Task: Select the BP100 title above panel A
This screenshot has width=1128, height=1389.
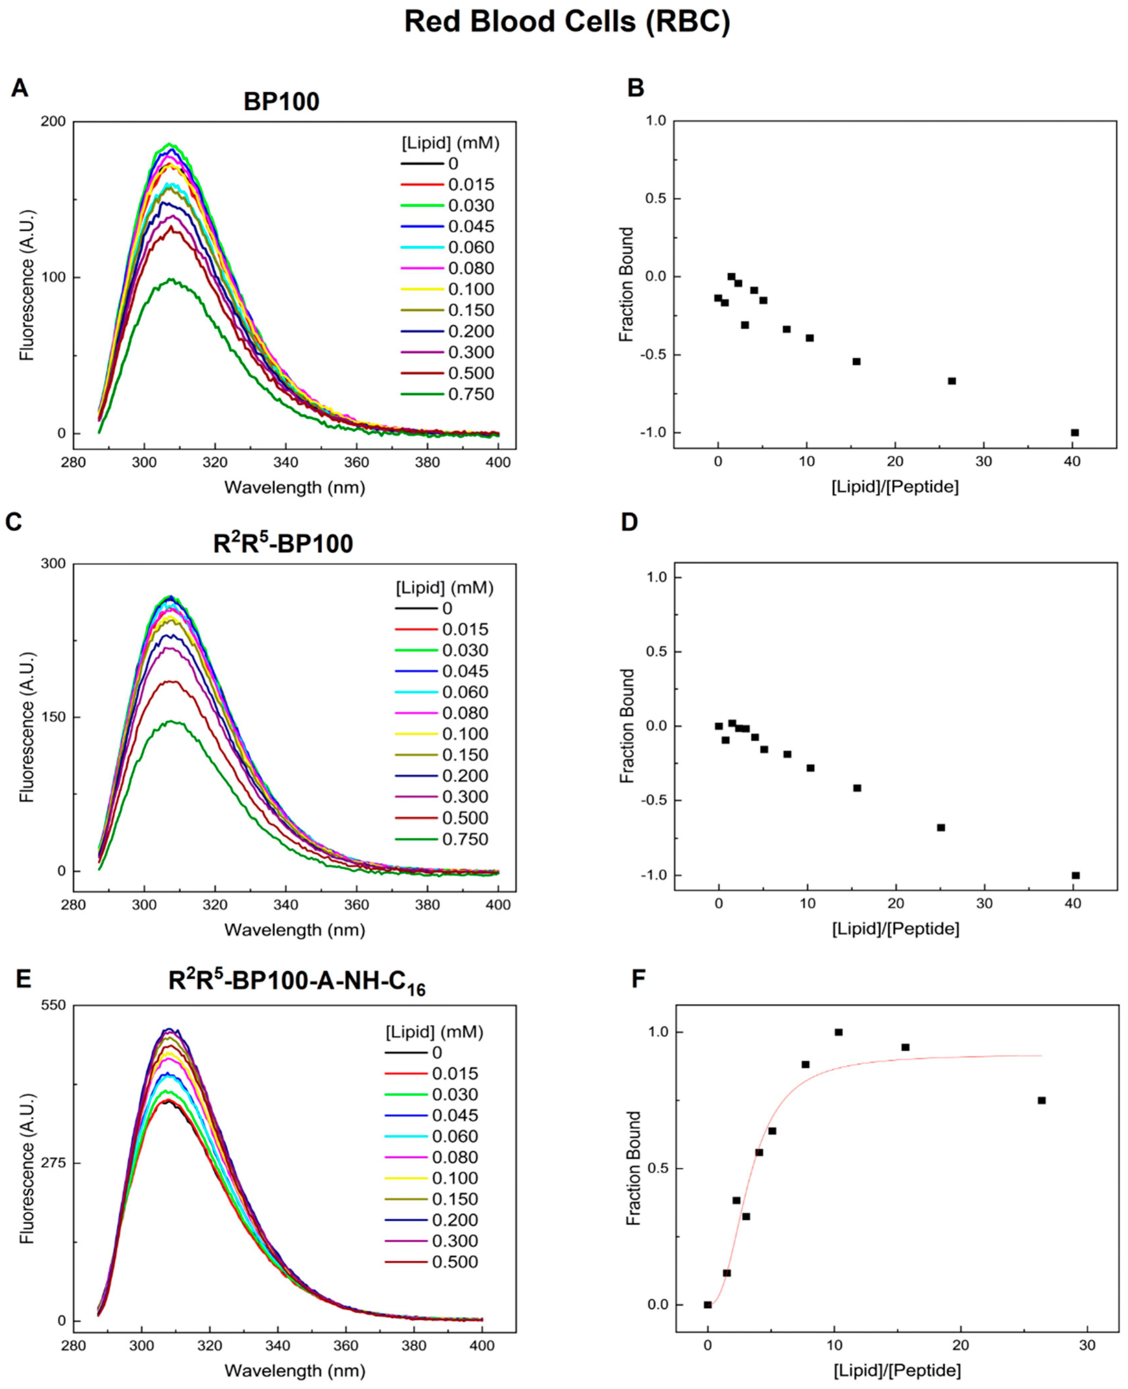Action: point(281,102)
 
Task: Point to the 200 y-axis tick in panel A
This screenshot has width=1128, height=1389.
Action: point(54,122)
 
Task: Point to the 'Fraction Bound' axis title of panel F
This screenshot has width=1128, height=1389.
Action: point(634,1168)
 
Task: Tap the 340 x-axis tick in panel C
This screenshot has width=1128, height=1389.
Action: point(286,905)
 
